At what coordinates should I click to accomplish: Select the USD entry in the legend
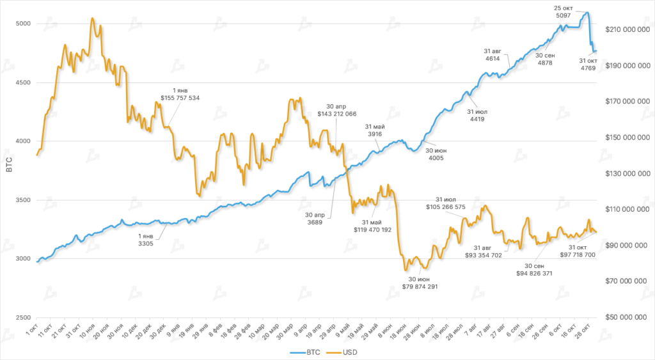point(342,352)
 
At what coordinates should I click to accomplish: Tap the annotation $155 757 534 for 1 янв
point(180,95)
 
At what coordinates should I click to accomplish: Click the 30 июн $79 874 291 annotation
point(415,283)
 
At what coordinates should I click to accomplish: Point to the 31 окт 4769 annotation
point(588,65)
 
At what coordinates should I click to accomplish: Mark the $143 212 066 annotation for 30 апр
point(336,109)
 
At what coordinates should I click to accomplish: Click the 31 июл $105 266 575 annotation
point(450,203)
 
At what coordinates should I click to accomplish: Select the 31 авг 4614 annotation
point(493,54)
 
